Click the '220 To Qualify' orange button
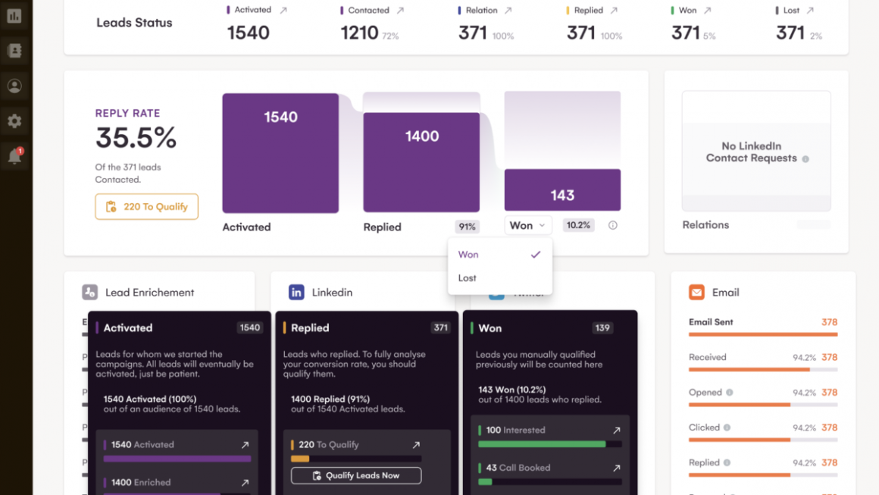146,207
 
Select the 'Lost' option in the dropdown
468,278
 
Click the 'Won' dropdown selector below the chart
528,225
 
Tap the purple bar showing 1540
280,153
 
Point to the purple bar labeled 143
562,190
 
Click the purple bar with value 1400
421,162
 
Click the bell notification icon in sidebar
14,157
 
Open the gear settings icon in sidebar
14,121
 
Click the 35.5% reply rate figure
136,138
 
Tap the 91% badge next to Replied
467,226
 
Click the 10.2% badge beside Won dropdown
578,225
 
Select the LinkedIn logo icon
296,293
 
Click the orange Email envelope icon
696,293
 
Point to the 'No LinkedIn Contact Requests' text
751,152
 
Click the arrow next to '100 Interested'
617,431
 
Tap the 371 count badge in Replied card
440,328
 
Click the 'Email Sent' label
711,322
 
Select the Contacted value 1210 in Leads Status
359,33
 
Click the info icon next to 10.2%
612,225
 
